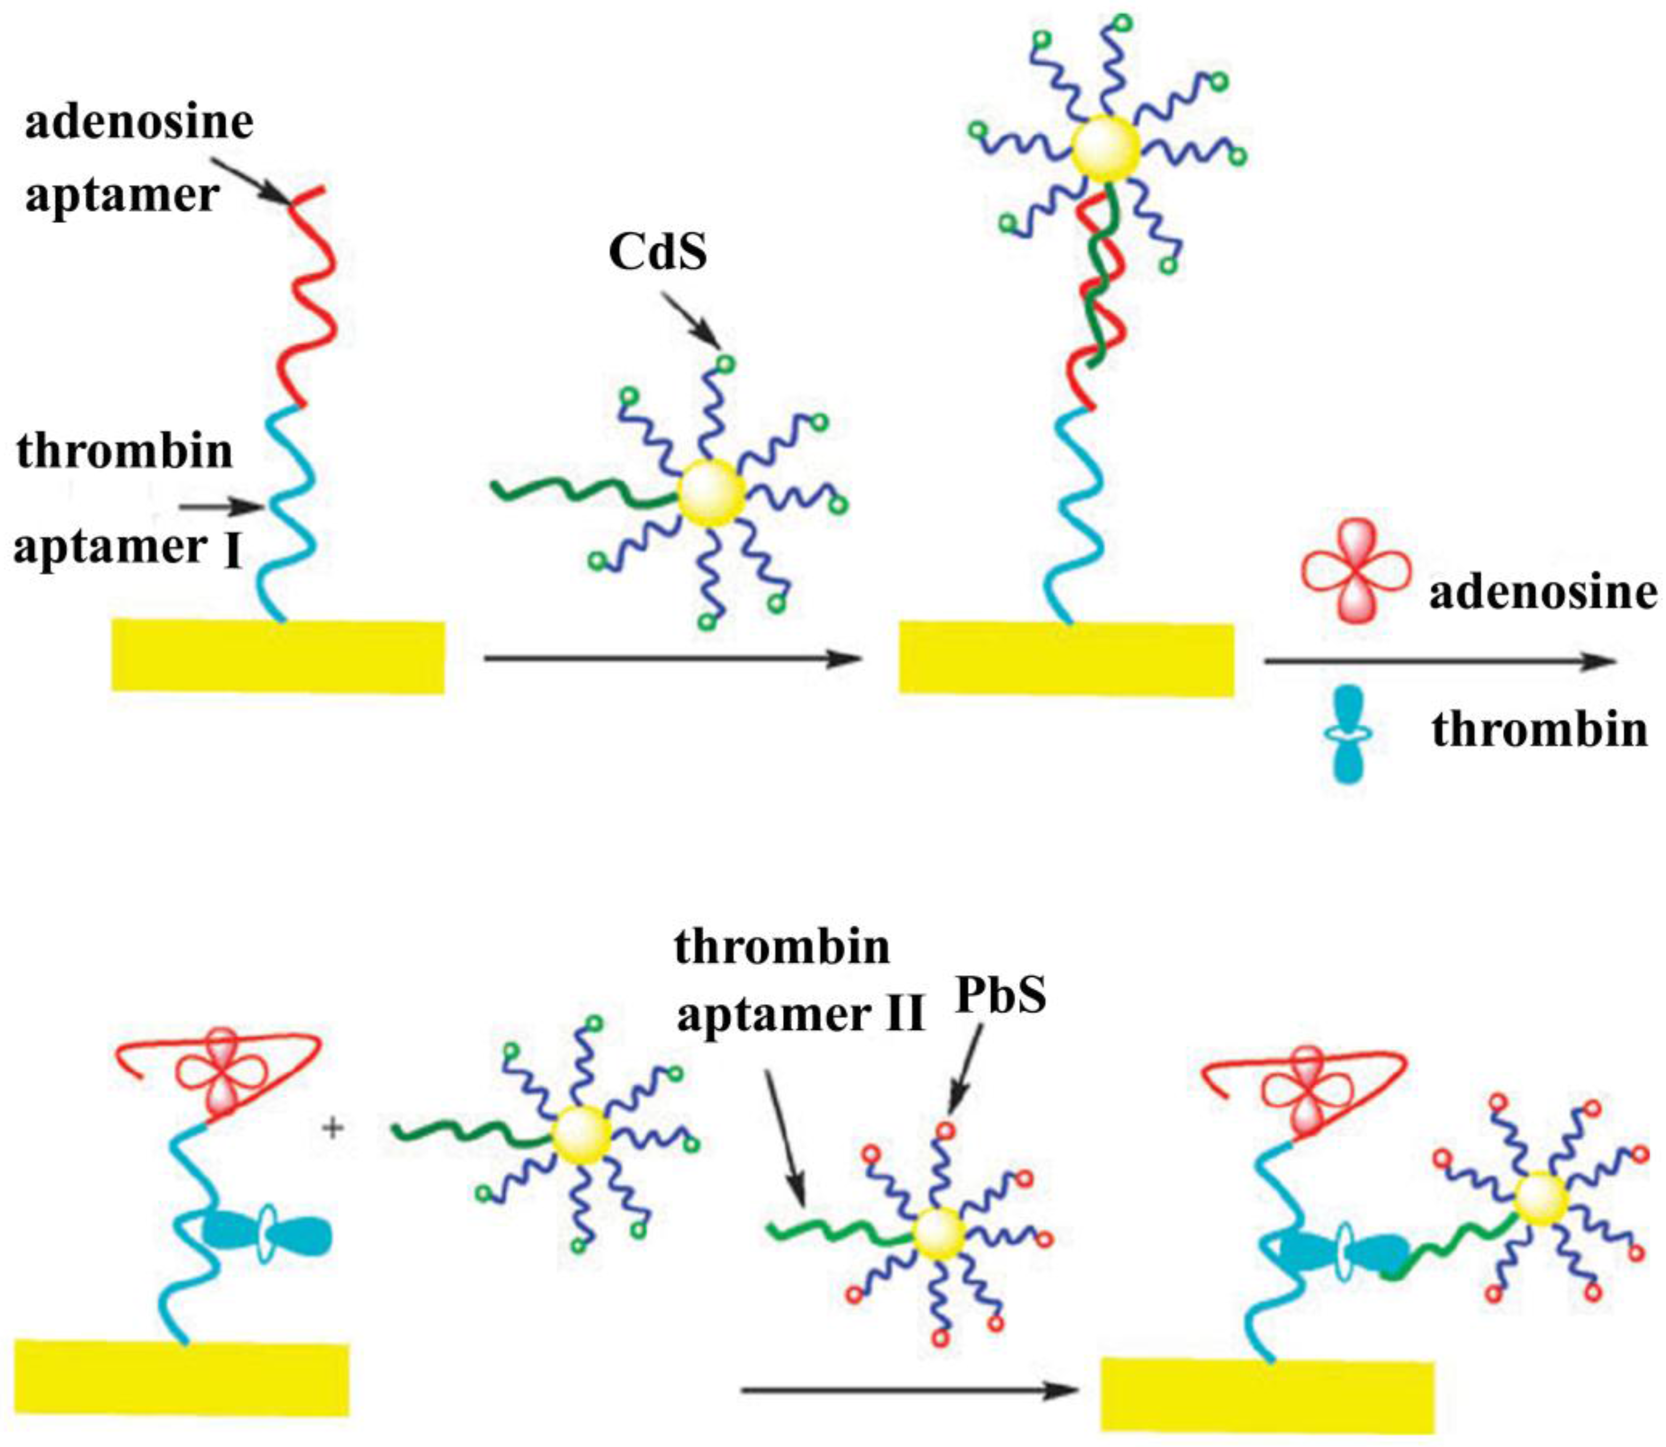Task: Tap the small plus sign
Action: click(332, 1128)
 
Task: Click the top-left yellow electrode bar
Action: click(278, 656)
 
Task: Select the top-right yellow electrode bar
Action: click(1066, 658)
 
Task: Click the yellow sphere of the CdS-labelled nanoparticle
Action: click(711, 493)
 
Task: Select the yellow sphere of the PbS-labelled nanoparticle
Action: click(939, 1234)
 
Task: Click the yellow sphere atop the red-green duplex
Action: click(1106, 149)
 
